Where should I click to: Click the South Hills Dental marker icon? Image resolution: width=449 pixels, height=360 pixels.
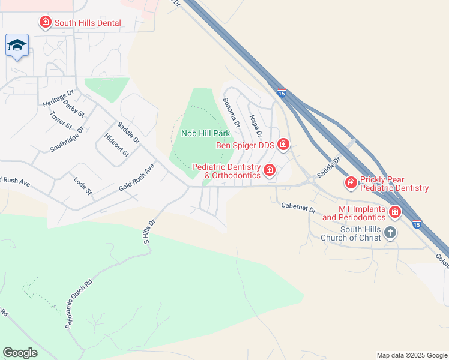pyautogui.click(x=45, y=23)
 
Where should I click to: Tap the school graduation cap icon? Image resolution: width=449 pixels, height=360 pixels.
pyautogui.click(x=17, y=46)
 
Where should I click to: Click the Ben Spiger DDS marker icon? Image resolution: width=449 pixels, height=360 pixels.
pyautogui.click(x=283, y=145)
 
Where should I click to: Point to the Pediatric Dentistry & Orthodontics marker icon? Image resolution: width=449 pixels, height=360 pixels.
pyautogui.click(x=269, y=171)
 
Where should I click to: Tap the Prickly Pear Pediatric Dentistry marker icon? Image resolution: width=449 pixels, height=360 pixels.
pyautogui.click(x=351, y=181)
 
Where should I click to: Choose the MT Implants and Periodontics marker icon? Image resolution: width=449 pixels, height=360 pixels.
pyautogui.click(x=394, y=212)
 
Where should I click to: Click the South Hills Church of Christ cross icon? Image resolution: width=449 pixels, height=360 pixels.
pyautogui.click(x=390, y=232)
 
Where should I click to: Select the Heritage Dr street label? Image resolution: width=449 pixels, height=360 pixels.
pyautogui.click(x=58, y=98)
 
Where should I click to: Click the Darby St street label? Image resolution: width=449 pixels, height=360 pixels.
pyautogui.click(x=74, y=109)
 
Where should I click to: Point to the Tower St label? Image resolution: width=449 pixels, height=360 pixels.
pyautogui.click(x=61, y=121)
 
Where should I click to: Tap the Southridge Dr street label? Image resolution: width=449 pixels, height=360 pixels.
pyautogui.click(x=67, y=139)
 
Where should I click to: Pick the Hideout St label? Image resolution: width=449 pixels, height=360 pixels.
pyautogui.click(x=116, y=145)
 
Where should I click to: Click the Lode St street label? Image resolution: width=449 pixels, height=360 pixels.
pyautogui.click(x=82, y=186)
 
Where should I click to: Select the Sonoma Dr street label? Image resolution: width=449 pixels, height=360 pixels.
pyautogui.click(x=231, y=113)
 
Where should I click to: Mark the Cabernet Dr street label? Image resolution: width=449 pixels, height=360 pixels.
pyautogui.click(x=298, y=208)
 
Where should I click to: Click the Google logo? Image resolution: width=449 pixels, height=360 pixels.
pyautogui.click(x=20, y=353)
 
